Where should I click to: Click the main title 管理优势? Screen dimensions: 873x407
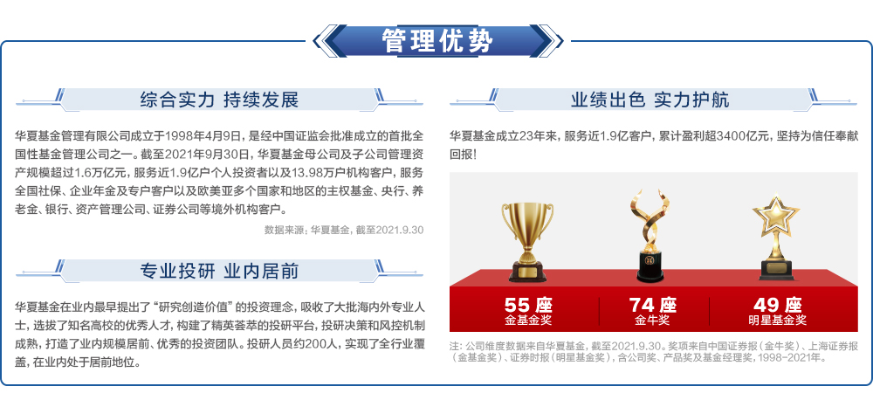click(x=437, y=41)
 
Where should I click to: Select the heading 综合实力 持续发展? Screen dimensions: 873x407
click(x=219, y=100)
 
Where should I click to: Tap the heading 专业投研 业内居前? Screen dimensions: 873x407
click(x=219, y=271)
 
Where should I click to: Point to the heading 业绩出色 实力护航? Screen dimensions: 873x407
click(x=650, y=100)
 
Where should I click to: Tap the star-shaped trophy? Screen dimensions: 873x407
click(x=775, y=238)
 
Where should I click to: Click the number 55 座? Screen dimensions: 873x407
click(x=528, y=305)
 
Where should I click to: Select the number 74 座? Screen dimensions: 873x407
click(x=652, y=305)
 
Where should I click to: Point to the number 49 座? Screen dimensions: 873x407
click(x=777, y=305)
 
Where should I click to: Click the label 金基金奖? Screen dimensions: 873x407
click(x=528, y=321)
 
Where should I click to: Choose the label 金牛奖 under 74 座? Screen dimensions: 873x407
click(x=652, y=321)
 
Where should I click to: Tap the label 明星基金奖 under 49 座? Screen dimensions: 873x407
click(x=777, y=321)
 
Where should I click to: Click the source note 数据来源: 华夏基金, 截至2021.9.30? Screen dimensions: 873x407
click(x=344, y=230)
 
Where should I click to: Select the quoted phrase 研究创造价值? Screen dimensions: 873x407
click(x=194, y=307)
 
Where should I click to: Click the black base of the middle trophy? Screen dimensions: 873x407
click(x=650, y=266)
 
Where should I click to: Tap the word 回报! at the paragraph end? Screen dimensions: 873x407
click(x=464, y=154)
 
